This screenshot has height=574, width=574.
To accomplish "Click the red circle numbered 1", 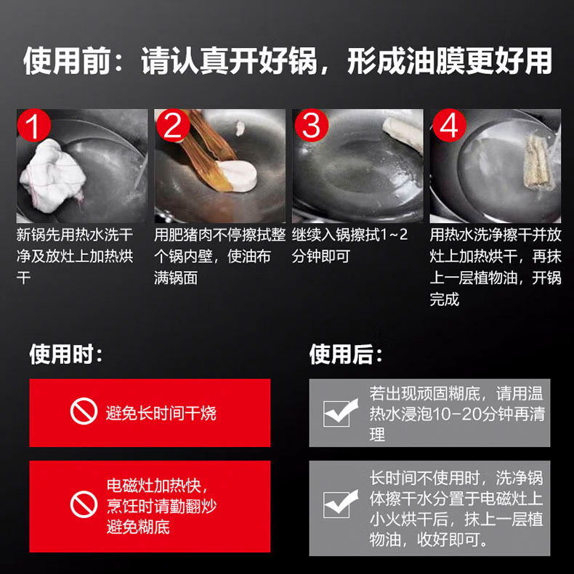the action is [33, 125].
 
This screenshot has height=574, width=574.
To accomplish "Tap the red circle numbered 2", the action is [173, 125].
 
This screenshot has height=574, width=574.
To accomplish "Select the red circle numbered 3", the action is [312, 125].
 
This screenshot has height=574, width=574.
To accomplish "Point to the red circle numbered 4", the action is [449, 125].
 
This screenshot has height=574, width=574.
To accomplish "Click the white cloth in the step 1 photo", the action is [52, 176].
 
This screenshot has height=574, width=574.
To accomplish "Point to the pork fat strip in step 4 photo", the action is [537, 162].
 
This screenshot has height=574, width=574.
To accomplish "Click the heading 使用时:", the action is [66, 354].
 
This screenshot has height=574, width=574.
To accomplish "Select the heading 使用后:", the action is [346, 354].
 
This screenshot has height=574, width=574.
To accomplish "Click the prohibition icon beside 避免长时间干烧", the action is [84, 411].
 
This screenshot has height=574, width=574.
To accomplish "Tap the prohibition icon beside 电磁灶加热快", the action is [84, 504].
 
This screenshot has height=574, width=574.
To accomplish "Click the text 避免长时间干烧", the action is [161, 413].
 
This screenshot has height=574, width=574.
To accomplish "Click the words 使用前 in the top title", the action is [67, 61].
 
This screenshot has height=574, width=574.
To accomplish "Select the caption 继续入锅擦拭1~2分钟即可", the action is [349, 246].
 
